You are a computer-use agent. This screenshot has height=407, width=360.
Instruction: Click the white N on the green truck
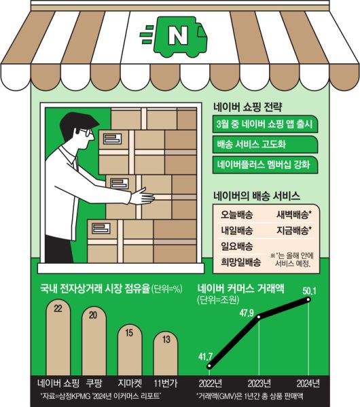point(178,36)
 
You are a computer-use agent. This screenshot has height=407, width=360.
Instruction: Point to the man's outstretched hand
point(141,196)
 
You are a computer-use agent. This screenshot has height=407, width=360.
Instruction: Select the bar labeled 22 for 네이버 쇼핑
point(58,337)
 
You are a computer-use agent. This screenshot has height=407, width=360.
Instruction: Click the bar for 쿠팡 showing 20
point(94,341)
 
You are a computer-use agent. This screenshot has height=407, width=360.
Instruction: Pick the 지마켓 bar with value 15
point(130,350)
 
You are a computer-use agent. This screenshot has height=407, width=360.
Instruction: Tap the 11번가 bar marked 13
point(166,353)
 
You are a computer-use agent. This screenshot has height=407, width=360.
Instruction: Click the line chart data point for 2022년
point(210,366)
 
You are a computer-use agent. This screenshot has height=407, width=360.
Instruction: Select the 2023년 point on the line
point(259,317)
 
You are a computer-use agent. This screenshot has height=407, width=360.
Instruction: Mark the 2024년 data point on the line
point(308,300)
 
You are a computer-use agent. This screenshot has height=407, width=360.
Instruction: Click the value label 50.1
point(309,291)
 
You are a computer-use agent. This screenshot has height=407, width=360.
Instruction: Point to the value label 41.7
point(205,357)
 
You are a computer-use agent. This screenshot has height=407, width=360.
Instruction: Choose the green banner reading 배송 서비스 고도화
point(265,144)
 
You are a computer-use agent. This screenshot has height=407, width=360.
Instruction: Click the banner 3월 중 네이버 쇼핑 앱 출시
point(265,124)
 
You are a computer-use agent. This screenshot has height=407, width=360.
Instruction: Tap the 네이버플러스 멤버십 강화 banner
point(265,164)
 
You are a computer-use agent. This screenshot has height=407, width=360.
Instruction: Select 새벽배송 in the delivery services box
point(294,215)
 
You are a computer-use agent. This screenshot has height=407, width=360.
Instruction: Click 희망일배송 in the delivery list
point(241,262)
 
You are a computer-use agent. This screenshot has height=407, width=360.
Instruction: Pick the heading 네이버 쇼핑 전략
point(248,107)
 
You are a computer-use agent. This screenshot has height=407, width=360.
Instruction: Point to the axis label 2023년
point(259,383)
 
